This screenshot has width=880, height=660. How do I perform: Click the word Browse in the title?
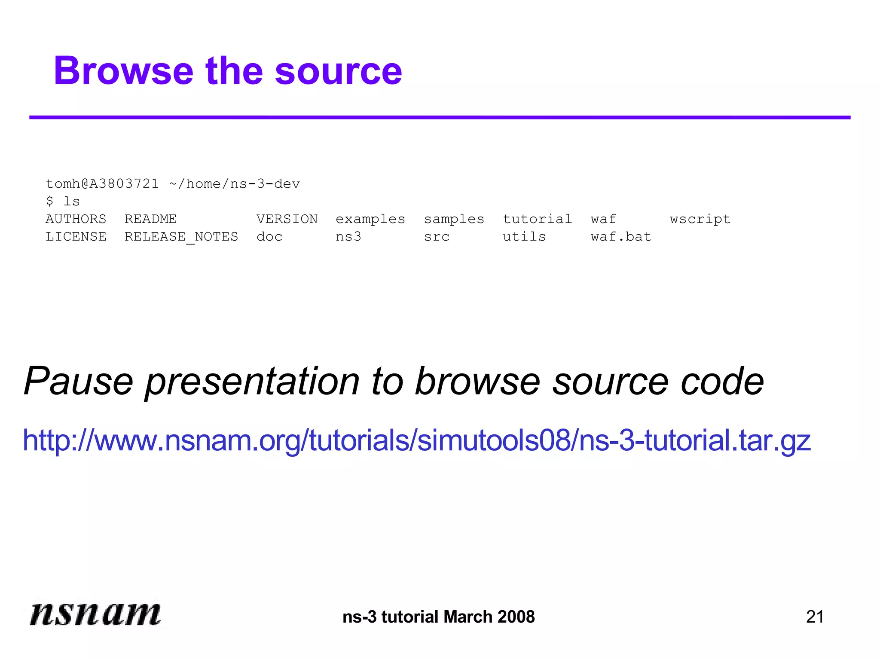click(x=124, y=71)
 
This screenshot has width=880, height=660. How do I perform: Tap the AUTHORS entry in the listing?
click(x=76, y=219)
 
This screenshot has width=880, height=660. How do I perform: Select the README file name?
click(x=151, y=219)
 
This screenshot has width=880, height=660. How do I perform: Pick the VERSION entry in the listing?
click(x=287, y=219)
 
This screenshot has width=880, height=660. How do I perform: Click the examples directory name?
click(x=370, y=219)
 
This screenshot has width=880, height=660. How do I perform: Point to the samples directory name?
click(x=454, y=219)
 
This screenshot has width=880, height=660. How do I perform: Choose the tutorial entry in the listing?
click(x=538, y=219)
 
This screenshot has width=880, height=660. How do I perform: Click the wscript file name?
click(x=700, y=220)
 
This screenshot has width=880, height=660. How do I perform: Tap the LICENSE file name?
click(x=76, y=237)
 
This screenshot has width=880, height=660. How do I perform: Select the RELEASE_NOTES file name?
click(x=181, y=237)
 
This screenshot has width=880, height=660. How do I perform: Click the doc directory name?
click(x=269, y=237)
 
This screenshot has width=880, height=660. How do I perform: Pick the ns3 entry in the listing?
click(x=348, y=237)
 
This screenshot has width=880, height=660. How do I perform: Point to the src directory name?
click(x=437, y=237)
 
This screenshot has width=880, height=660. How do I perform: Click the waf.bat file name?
click(x=621, y=237)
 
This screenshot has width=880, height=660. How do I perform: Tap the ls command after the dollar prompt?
click(x=72, y=202)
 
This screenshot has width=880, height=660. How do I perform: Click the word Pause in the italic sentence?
click(x=79, y=381)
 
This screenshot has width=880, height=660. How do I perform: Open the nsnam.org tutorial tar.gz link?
click(x=416, y=440)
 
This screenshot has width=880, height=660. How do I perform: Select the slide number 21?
click(x=815, y=617)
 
